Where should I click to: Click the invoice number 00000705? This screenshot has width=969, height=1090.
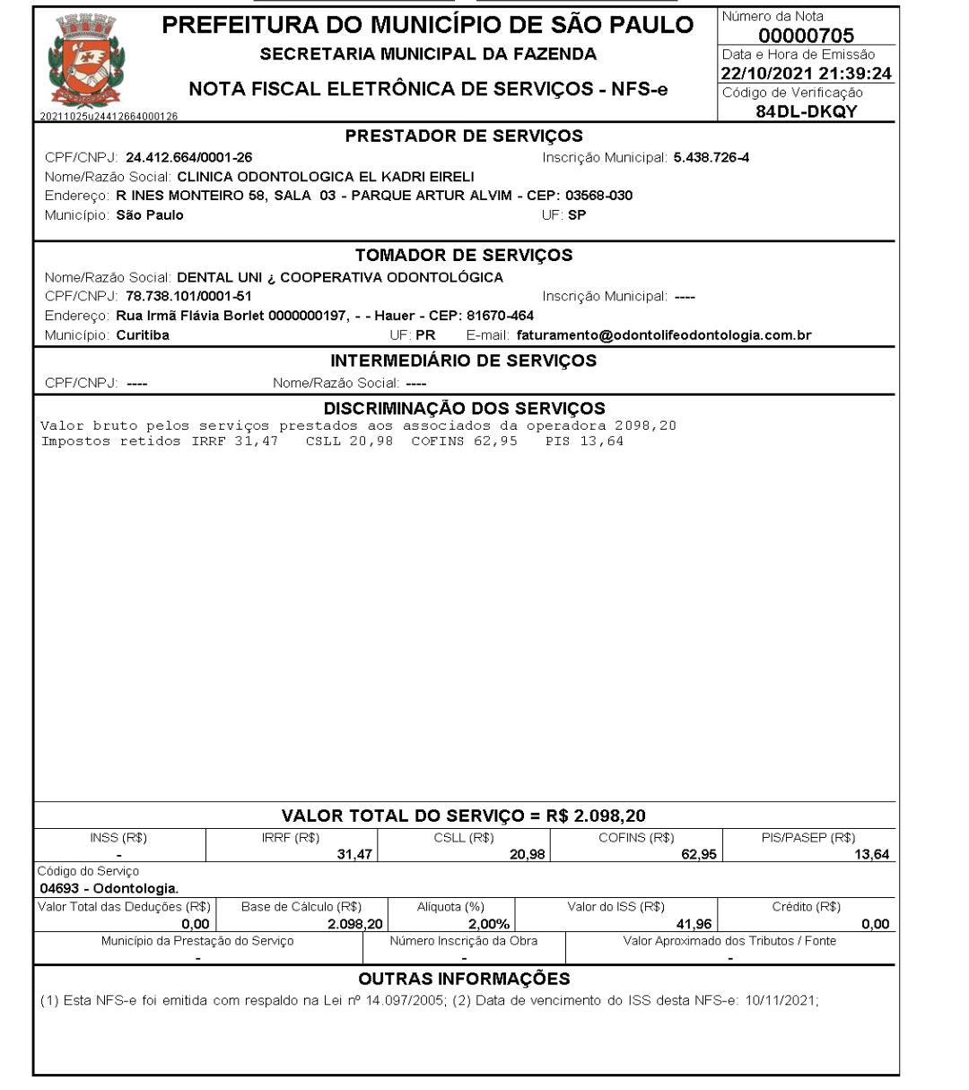coord(806,35)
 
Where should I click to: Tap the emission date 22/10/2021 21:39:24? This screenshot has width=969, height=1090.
coord(807,74)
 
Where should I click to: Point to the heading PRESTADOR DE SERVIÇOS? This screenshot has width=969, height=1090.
coord(464,136)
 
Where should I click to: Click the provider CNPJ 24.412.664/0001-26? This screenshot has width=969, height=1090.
coord(188,158)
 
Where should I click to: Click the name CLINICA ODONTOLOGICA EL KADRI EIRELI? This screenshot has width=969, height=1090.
coord(326,177)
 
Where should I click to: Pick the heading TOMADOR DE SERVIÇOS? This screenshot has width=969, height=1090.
coord(464,255)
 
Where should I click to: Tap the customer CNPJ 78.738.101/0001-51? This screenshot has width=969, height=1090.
coord(188,296)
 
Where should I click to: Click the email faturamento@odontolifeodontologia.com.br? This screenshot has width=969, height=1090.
coord(664,336)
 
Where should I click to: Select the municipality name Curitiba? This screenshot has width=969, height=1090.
coord(143,336)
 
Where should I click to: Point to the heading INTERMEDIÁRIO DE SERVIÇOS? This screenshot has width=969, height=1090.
coord(464,361)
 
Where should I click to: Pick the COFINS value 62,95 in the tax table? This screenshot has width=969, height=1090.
coord(698,855)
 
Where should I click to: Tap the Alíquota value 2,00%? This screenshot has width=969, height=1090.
coord(489,925)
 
